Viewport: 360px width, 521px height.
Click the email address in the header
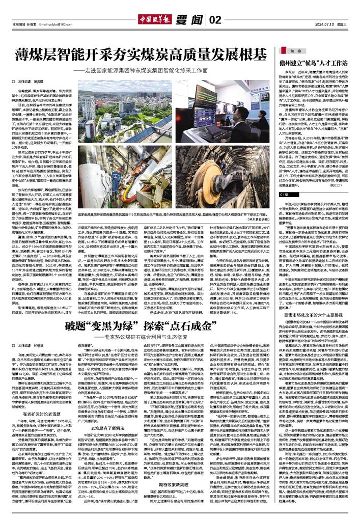(x=66, y=9)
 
